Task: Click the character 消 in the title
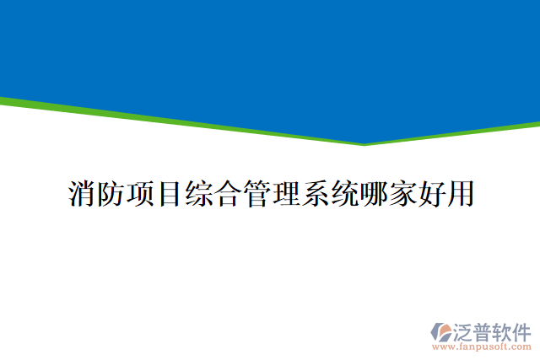[x=81, y=194]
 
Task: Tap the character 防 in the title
[x=111, y=194]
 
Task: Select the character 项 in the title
[x=139, y=194]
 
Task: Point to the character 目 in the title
[x=169, y=194]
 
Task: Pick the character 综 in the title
[x=197, y=194]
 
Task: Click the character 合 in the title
[x=227, y=194]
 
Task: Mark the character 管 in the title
[x=256, y=194]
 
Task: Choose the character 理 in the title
[x=285, y=194]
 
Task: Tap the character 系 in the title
[x=314, y=194]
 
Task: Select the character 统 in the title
[x=343, y=194]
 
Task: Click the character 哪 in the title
[x=372, y=194]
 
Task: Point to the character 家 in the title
[x=402, y=194]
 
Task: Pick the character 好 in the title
[x=430, y=194]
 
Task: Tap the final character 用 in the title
[x=460, y=194]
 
